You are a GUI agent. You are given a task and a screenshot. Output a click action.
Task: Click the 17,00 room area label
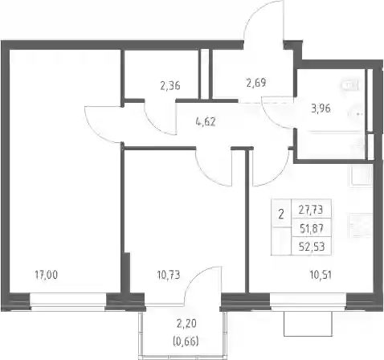[47, 275]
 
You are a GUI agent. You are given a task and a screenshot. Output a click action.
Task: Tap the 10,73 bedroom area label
[169, 275]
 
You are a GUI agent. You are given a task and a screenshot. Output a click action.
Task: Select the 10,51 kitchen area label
[321, 275]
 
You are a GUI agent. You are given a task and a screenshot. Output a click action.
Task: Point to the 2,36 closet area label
[170, 86]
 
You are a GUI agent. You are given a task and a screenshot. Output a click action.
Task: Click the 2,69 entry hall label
[256, 83]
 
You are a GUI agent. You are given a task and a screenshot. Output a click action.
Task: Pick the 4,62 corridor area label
[206, 122]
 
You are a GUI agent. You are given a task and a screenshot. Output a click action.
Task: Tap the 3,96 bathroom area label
[321, 108]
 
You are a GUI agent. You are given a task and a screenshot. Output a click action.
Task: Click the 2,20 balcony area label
[186, 324]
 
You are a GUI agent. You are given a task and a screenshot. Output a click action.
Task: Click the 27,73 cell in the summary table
[311, 210]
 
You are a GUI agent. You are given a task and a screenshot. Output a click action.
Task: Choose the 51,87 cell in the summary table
[311, 228]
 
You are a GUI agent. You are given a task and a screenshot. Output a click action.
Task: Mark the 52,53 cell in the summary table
[312, 247]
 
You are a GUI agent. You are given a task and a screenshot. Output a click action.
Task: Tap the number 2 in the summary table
[281, 215]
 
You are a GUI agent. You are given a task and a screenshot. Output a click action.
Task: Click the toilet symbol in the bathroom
[349, 85]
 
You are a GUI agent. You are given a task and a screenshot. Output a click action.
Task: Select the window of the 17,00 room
[68, 302]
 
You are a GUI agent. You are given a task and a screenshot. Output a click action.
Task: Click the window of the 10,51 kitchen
[308, 302]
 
